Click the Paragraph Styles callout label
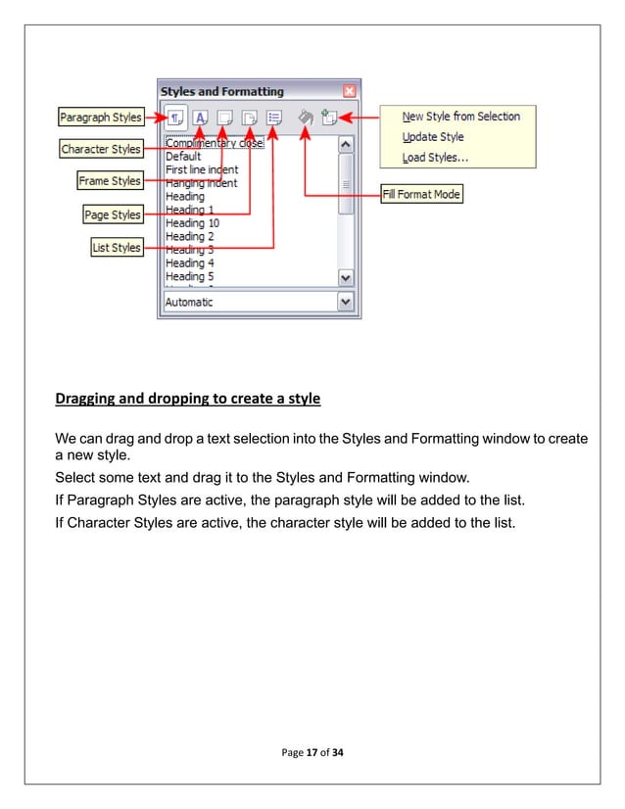[x=100, y=119]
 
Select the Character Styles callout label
[x=101, y=150]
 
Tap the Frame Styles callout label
[x=110, y=181]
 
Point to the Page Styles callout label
[x=113, y=214]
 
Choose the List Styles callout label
[x=117, y=248]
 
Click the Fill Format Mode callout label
[x=421, y=194]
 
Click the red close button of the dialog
[x=350, y=92]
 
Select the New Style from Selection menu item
[x=460, y=116]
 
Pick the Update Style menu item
[x=433, y=137]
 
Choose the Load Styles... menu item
[x=435, y=158]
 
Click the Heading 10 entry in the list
[x=186, y=223]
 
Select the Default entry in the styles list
[x=183, y=156]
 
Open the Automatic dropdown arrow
[x=345, y=303]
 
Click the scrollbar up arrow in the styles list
[x=345, y=144]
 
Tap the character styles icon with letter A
[x=201, y=118]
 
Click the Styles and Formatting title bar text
[x=221, y=92]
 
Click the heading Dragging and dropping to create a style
[x=186, y=399]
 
